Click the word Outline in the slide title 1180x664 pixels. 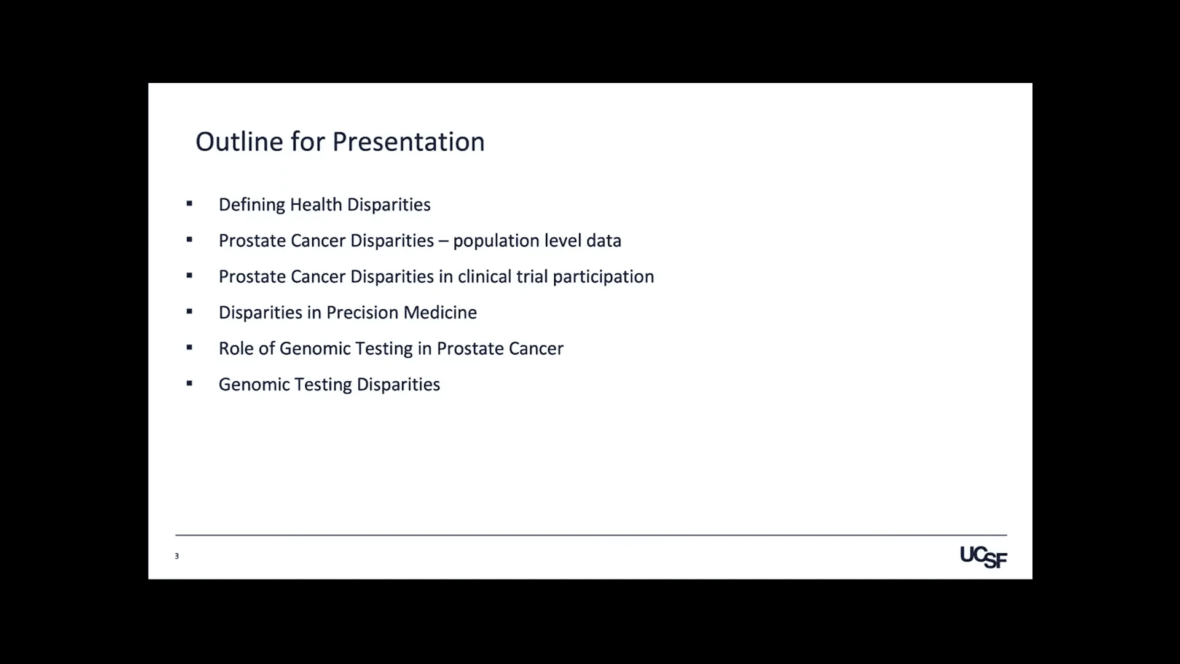[239, 141]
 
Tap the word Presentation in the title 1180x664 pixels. [409, 142]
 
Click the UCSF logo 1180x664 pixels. [983, 557]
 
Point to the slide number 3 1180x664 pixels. [177, 556]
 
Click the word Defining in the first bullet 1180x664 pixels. [252, 205]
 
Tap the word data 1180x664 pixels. [604, 240]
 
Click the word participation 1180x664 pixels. [604, 277]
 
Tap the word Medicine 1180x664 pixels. [440, 312]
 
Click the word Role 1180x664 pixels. [237, 349]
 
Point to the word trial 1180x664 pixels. [532, 277]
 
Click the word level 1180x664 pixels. [563, 240]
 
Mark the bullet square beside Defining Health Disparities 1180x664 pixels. [189, 204]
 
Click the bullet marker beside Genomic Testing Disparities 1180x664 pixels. [189, 384]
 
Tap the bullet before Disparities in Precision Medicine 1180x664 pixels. [189, 312]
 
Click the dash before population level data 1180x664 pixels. [444, 241]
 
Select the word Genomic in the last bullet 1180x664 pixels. [254, 384]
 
